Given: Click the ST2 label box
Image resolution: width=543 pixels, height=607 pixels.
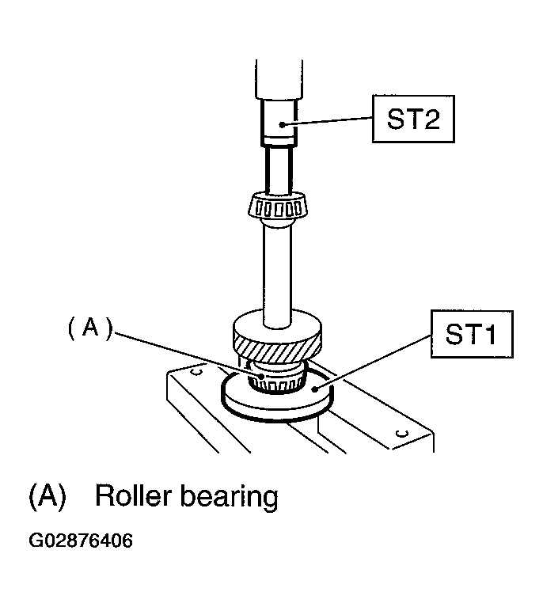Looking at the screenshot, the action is click(x=413, y=119).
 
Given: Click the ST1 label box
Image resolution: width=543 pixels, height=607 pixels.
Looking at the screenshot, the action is click(x=472, y=334).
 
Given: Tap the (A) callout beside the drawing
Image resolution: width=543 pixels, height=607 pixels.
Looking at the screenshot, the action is click(x=90, y=328).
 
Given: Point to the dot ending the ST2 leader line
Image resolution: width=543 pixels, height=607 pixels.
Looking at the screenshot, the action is click(x=283, y=125).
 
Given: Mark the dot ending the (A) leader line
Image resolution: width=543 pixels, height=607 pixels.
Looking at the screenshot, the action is click(x=262, y=376).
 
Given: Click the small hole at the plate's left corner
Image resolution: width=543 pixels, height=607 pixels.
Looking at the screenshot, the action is click(x=197, y=372).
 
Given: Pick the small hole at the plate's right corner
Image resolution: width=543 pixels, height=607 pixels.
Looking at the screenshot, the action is click(x=404, y=433).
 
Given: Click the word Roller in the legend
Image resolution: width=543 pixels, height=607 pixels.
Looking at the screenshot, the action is click(x=133, y=496).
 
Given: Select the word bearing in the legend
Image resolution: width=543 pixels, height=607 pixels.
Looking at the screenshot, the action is click(x=230, y=498).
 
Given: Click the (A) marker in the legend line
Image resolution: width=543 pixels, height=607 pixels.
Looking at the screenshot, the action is click(x=47, y=496).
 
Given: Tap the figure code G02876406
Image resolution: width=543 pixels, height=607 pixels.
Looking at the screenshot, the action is click(x=81, y=540).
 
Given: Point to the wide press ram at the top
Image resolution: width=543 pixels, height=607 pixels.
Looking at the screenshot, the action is click(x=279, y=79).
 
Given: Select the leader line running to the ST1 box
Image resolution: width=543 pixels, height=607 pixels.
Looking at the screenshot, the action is click(x=373, y=362).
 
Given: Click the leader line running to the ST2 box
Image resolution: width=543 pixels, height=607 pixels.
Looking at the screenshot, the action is click(x=328, y=121).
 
